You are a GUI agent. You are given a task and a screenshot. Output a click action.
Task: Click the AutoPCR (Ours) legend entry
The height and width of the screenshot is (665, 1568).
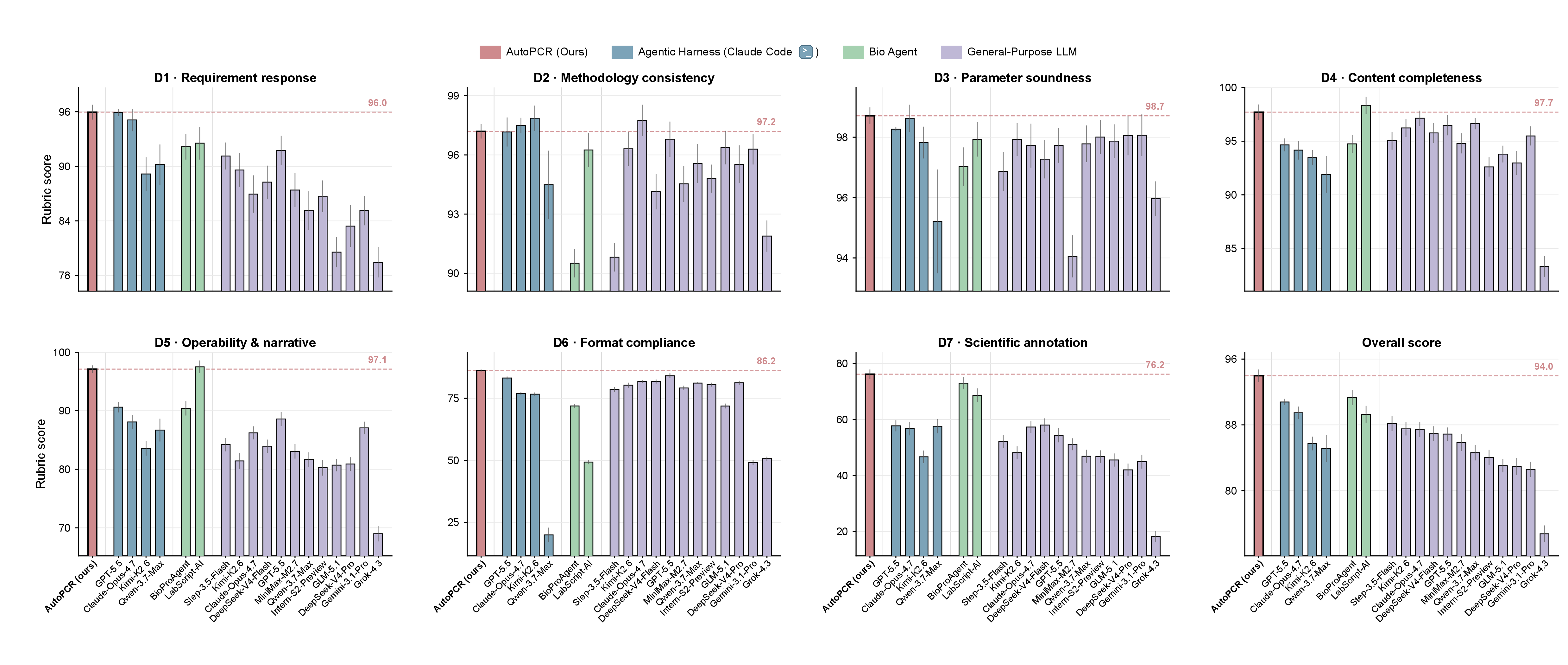tap(534, 52)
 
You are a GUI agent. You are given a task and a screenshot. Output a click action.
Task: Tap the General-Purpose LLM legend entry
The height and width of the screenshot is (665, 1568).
tap(1009, 52)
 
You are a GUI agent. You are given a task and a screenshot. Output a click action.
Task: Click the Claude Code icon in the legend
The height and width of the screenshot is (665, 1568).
tap(805, 52)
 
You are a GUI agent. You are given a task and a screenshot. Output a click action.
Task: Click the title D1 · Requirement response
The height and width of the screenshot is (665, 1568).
tap(235, 78)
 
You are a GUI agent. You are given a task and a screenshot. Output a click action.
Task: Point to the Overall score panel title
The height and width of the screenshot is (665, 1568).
tap(1401, 343)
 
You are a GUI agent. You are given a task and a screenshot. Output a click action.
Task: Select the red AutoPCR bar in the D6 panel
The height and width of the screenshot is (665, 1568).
tap(481, 463)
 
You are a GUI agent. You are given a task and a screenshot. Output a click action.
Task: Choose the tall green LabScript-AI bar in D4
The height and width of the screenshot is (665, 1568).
tap(1366, 198)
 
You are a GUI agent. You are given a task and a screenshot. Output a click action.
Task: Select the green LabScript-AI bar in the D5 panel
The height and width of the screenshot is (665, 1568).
tap(200, 461)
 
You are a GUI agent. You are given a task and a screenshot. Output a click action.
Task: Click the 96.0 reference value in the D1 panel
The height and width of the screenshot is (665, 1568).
tap(377, 103)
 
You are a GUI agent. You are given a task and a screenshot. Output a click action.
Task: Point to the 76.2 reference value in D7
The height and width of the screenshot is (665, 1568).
tap(1155, 365)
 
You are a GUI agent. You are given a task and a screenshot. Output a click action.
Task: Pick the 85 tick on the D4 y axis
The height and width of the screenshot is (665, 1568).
tap(1231, 248)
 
